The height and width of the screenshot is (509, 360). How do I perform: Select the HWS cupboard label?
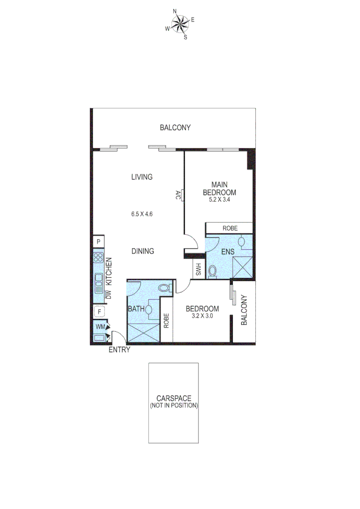[x=198, y=270]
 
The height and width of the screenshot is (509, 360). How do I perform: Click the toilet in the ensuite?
[x=212, y=271]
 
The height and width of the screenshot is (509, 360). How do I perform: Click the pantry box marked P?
[x=98, y=242]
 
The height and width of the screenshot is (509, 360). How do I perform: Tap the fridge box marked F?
[x=99, y=312]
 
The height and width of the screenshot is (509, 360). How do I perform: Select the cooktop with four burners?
[x=98, y=257]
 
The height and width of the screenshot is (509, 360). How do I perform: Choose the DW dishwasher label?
[x=108, y=296]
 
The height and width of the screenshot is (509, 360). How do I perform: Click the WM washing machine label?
[x=100, y=326]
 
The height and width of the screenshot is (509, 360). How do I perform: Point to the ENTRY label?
[x=119, y=350]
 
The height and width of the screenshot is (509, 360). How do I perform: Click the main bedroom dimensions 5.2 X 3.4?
[x=219, y=200]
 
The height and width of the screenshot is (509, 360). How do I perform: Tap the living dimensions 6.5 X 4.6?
[x=142, y=213]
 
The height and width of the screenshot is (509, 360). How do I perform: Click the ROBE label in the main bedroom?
[x=230, y=228]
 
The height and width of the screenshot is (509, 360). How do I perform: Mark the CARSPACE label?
[x=174, y=398]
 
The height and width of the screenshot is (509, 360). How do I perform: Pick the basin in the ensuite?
[x=242, y=242]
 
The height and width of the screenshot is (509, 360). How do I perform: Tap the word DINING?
[x=142, y=251]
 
